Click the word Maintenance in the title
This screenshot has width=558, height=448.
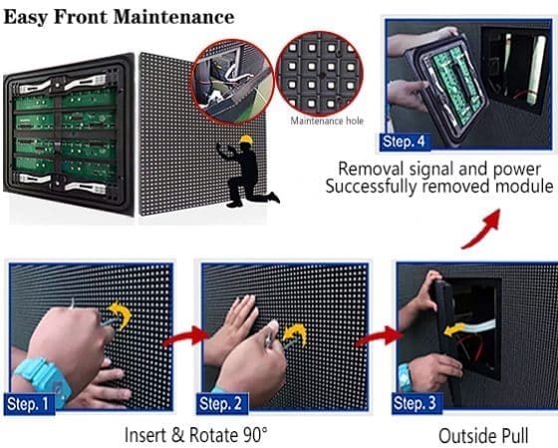coord(173,17)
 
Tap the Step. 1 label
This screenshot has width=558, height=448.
coord(28,404)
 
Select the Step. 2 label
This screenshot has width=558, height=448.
coord(220,403)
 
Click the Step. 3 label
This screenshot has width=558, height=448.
coord(415,403)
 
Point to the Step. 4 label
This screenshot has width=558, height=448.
coord(405,142)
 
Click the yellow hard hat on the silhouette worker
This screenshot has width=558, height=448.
coord(246,140)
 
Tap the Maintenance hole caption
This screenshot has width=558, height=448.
coord(327,121)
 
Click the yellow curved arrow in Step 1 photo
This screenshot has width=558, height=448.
coord(121,314)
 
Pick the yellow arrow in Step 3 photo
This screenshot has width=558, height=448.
coord(454,329)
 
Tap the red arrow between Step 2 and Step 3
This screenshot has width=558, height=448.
coord(379,337)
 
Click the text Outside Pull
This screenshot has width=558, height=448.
coord(483,435)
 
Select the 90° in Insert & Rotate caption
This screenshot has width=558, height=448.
coord(255,435)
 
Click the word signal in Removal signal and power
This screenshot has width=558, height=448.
coord(430,170)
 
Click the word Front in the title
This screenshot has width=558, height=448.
coord(81,17)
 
